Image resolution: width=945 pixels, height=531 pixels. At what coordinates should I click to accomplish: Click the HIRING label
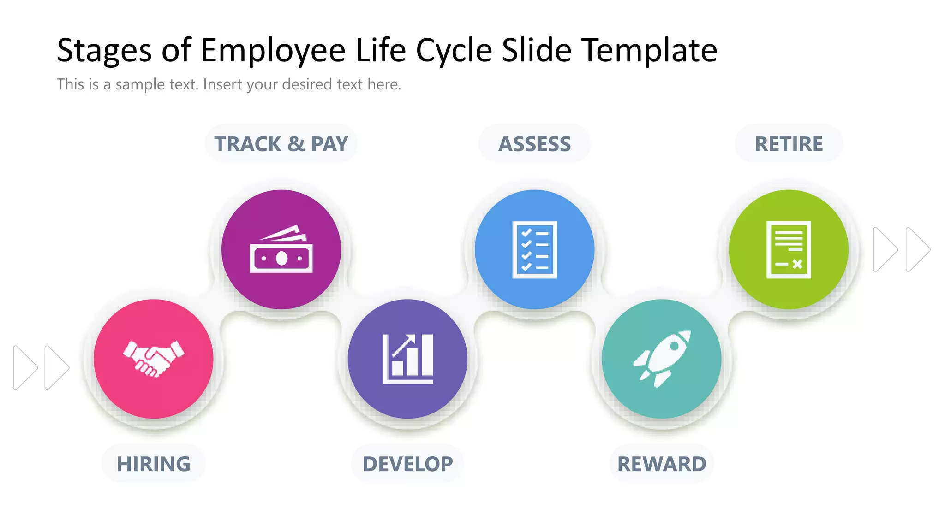[153, 464]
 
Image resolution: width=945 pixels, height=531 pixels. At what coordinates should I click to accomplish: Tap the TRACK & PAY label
[281, 144]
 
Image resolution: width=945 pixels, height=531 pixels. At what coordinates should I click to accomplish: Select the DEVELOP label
[407, 464]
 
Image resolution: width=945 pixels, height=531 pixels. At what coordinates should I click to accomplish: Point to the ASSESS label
[534, 144]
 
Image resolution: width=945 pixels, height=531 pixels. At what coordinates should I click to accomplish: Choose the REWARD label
[662, 464]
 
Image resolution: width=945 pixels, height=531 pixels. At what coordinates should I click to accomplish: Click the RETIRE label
[789, 144]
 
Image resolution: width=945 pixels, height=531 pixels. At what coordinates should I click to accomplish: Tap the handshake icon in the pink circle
[154, 359]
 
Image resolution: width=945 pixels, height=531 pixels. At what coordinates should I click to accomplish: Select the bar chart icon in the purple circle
[408, 359]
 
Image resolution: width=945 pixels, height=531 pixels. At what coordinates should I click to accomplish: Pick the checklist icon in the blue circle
[534, 250]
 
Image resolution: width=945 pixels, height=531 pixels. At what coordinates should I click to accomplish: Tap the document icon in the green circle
[789, 250]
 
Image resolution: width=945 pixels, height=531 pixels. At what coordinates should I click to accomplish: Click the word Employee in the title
[273, 51]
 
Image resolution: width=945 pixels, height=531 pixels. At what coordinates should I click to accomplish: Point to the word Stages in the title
[104, 51]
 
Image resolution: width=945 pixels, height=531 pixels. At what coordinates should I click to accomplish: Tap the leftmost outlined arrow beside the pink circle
[24, 367]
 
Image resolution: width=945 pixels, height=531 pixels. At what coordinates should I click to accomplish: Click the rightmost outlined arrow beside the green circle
[917, 249]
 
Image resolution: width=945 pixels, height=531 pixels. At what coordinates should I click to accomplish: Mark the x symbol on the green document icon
[797, 264]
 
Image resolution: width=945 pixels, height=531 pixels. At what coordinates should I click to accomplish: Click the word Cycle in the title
[454, 51]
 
